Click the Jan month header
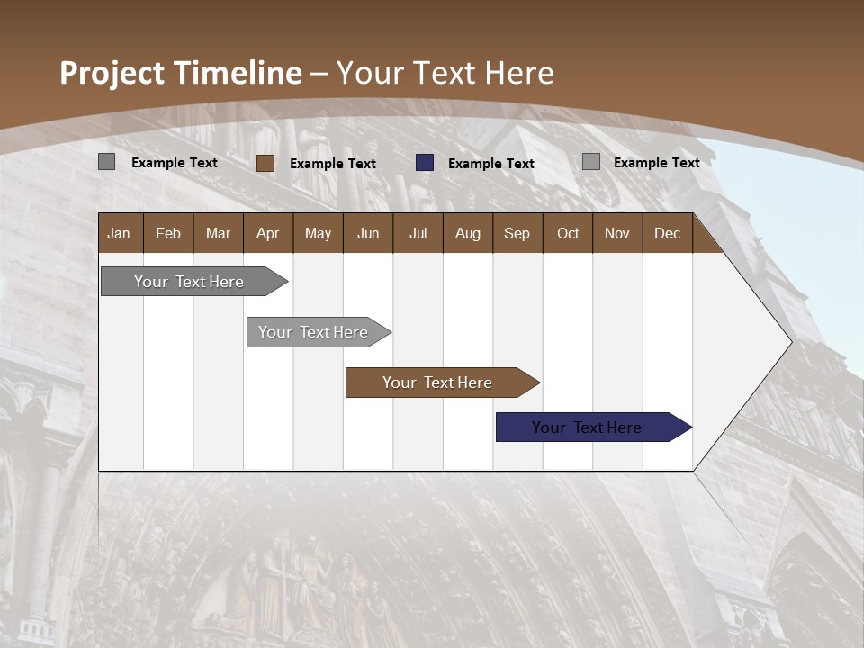point(119,233)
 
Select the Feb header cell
point(168,233)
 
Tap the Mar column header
point(218,233)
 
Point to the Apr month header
point(268,233)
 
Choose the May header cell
point(318,233)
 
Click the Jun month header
point(368,233)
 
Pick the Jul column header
point(418,233)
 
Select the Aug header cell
point(468,233)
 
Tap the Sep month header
point(517,233)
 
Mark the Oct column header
point(568,233)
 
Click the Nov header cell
point(617,233)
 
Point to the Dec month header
point(668,233)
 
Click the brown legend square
point(265,163)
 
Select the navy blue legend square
point(425,163)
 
